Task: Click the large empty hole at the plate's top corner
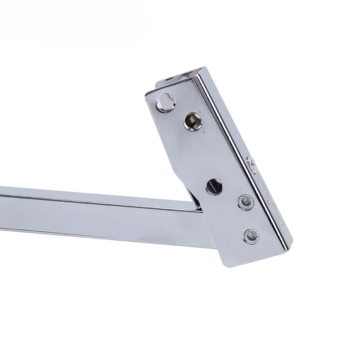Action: [166, 102]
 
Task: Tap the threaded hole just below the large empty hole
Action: [192, 121]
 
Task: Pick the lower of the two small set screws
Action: [251, 235]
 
